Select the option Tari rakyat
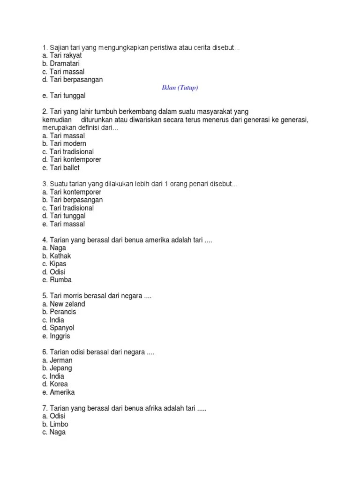click(62, 56)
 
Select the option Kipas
click(54, 264)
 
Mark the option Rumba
click(57, 280)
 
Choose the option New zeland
click(63, 304)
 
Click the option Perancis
click(59, 312)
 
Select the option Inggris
click(57, 336)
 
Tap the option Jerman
click(57, 360)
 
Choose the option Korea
click(55, 384)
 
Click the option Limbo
click(55, 424)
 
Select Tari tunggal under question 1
click(64, 96)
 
